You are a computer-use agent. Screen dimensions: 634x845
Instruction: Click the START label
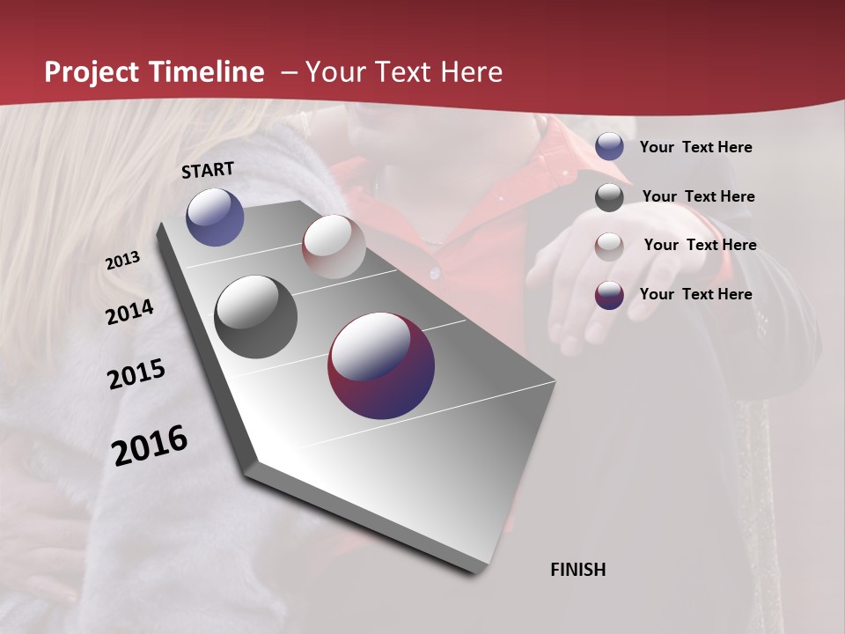(208, 170)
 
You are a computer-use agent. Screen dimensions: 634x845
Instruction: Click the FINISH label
(577, 570)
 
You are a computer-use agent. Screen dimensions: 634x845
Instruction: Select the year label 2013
(123, 261)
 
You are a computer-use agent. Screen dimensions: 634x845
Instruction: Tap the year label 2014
(130, 312)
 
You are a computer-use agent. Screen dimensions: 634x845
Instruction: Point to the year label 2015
(136, 374)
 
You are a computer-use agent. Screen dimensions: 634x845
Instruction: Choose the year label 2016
(150, 446)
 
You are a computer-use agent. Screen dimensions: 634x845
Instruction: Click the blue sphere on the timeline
(215, 217)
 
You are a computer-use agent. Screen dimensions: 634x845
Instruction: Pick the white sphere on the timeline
(334, 247)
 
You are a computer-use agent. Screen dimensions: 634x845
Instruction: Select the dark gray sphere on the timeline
(255, 317)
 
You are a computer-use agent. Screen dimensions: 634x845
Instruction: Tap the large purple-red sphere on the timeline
(381, 365)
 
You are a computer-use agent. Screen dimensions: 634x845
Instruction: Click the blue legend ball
(609, 146)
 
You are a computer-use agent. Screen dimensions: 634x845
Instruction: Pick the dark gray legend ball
(609, 197)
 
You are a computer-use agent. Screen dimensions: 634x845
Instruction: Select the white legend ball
(609, 246)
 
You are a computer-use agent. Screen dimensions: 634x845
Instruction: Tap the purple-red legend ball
(609, 294)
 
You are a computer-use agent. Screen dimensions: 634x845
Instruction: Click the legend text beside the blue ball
(695, 147)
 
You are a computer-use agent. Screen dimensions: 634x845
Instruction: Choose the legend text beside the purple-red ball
(695, 294)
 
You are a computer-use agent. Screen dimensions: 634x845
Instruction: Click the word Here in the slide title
(471, 72)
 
